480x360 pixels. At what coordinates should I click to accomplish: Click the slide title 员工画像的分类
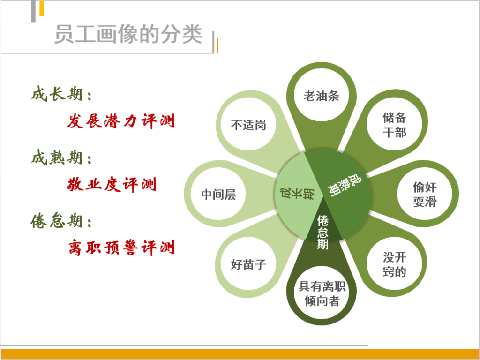pyautogui.click(x=128, y=34)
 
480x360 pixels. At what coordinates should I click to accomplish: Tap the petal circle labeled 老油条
pyautogui.click(x=322, y=96)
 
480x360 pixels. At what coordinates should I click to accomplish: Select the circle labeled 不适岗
pyautogui.click(x=248, y=125)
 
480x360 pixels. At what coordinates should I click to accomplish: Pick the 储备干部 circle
pyautogui.click(x=394, y=125)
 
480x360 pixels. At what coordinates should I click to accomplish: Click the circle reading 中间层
pyautogui.click(x=218, y=194)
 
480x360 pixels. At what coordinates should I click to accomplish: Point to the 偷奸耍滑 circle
pyautogui.click(x=425, y=194)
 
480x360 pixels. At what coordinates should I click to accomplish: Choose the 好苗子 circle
pyautogui.click(x=248, y=264)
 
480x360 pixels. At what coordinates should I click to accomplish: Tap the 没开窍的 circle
pyautogui.click(x=394, y=264)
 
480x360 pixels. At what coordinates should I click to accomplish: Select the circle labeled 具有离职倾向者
pyautogui.click(x=322, y=293)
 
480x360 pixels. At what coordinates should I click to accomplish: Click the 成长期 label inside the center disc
pyautogui.click(x=297, y=195)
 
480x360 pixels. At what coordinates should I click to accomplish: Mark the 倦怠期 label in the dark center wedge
pyautogui.click(x=322, y=232)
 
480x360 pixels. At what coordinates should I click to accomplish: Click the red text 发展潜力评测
pyautogui.click(x=121, y=121)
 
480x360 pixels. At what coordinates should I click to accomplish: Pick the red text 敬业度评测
pyautogui.click(x=112, y=185)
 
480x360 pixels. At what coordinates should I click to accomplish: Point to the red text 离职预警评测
pyautogui.click(x=121, y=247)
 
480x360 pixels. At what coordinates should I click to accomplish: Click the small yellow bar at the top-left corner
pyautogui.click(x=42, y=8)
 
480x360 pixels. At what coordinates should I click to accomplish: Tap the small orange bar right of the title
pyautogui.click(x=217, y=45)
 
